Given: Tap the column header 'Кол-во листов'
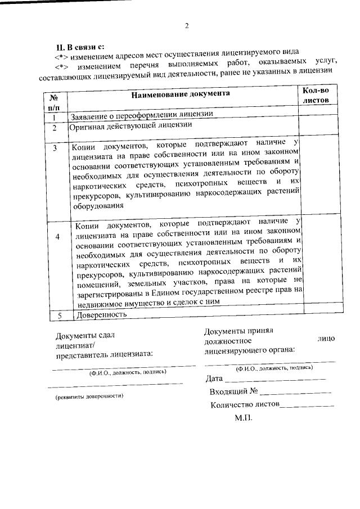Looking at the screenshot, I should click(318, 95).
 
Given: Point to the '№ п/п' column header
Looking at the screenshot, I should click(55, 101).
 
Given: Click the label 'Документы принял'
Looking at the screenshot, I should click(238, 331).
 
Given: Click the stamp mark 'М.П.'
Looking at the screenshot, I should click(244, 419).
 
